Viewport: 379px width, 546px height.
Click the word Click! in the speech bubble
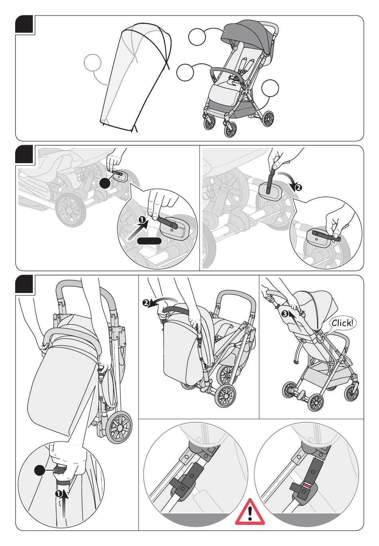342,323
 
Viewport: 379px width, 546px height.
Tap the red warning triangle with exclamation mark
250,512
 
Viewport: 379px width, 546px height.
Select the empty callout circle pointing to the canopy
197,37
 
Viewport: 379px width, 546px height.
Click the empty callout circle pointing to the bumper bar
185,73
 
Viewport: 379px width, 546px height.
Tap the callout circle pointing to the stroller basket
270,88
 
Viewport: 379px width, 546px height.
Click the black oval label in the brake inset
149,240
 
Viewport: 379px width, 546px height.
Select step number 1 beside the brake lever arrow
142,220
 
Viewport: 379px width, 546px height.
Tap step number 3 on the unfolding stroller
284,313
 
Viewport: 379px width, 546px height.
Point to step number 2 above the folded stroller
146,303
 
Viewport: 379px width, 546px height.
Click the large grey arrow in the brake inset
136,232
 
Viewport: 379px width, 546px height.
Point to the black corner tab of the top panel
25,24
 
